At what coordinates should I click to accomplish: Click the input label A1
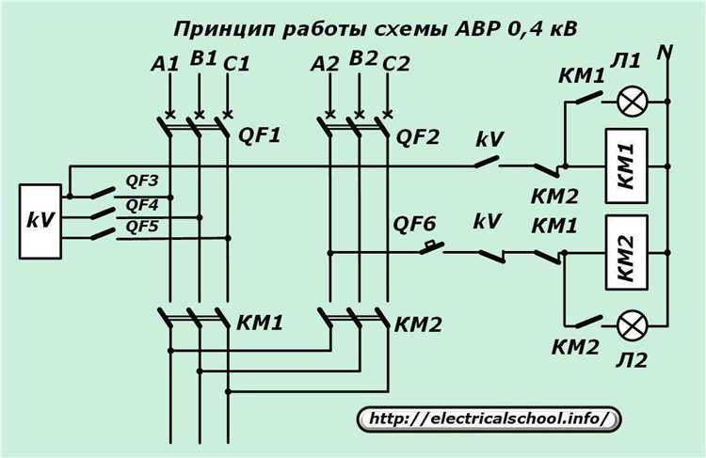164,65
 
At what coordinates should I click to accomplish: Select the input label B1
201,60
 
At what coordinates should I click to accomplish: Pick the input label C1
236,65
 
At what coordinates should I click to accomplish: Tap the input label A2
325,65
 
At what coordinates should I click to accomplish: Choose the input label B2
362,60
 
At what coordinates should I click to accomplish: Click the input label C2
397,65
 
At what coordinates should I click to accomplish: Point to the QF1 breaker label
259,135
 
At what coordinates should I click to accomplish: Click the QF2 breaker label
417,135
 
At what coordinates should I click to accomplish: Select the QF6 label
413,224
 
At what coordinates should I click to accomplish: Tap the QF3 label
142,179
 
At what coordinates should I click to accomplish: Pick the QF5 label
142,226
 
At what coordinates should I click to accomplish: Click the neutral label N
669,53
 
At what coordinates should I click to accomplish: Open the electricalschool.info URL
489,417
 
